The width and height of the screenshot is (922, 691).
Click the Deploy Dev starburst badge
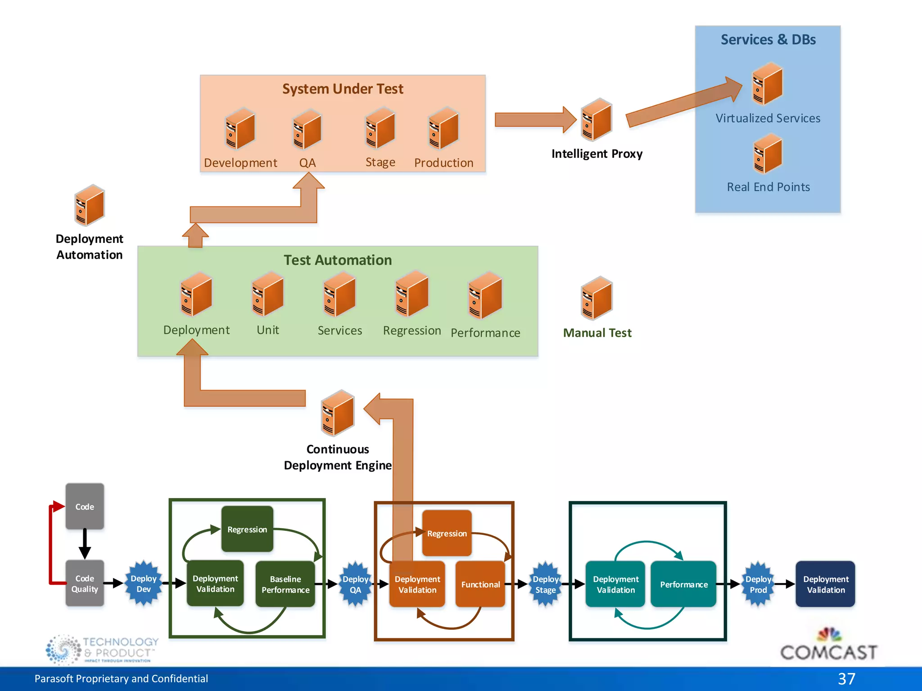pyautogui.click(x=144, y=583)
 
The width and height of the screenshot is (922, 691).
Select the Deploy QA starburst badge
pyautogui.click(x=356, y=584)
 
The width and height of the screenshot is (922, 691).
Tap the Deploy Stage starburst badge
pyautogui.click(x=546, y=584)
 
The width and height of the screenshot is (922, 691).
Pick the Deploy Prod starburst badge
pyautogui.click(x=758, y=584)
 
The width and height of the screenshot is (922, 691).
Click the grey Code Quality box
pyautogui.click(x=85, y=583)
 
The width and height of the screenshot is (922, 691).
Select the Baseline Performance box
pyautogui.click(x=285, y=584)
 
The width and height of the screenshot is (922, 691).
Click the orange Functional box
pyautogui.click(x=480, y=584)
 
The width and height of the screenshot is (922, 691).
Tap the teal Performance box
pyautogui.click(x=683, y=584)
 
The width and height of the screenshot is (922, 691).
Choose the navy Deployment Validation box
pyautogui.click(x=825, y=584)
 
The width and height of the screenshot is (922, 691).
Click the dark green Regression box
pyautogui.click(x=247, y=529)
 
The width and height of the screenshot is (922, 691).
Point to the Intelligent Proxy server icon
pyautogui.click(x=597, y=120)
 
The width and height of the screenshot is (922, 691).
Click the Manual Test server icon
pyautogui.click(x=597, y=298)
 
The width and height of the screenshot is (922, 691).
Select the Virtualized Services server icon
pyautogui.click(x=768, y=84)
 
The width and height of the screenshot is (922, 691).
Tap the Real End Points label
pyautogui.click(x=768, y=187)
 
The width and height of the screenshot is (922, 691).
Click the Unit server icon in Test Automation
pyautogui.click(x=268, y=294)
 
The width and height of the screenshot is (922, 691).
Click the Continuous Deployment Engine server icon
pyautogui.click(x=338, y=413)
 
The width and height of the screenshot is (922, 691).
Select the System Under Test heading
pyautogui.click(x=343, y=89)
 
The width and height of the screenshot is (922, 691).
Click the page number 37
pyautogui.click(x=846, y=678)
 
